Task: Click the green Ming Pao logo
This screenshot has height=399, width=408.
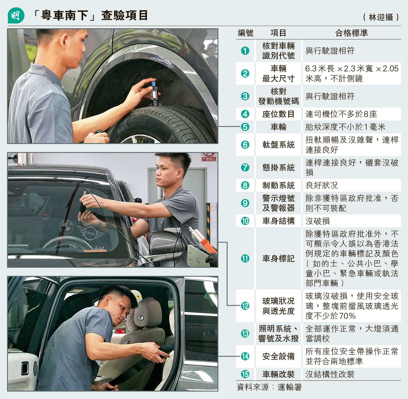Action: click(16, 16)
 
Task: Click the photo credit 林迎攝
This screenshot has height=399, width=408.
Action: click(381, 17)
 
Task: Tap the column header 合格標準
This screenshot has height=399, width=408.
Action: click(352, 33)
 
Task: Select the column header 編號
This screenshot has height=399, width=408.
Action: click(246, 33)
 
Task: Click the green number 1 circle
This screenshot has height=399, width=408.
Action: click(245, 51)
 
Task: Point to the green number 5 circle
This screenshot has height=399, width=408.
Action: click(245, 127)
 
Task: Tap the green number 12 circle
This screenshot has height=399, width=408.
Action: click(245, 306)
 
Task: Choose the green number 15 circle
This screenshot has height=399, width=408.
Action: click(245, 374)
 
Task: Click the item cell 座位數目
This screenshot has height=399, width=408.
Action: click(279, 114)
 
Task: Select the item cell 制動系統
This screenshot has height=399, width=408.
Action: click(279, 185)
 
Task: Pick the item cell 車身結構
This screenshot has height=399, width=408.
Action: click(279, 221)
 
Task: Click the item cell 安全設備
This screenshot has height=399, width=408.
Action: click(279, 357)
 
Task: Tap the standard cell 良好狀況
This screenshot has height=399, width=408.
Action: click(322, 185)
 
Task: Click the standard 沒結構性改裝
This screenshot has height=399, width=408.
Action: click(330, 374)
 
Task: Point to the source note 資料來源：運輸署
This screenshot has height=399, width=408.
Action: click(269, 387)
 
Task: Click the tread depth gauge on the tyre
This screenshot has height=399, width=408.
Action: click(154, 93)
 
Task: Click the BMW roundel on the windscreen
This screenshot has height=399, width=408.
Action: click(67, 227)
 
